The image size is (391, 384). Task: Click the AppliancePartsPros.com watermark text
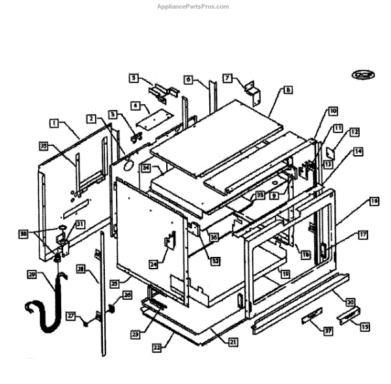coord(194,7)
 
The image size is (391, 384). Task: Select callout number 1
coord(54,122)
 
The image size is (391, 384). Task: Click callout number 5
coord(134,78)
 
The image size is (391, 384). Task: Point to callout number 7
coord(227,78)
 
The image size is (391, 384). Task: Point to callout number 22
coord(156,347)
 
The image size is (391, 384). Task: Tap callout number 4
coord(136,104)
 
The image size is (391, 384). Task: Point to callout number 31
coord(81,224)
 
